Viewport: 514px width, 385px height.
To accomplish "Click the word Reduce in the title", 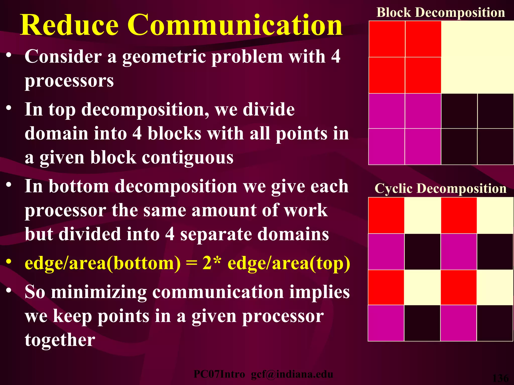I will pos(69,25).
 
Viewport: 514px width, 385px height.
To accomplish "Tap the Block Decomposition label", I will pos(441,13).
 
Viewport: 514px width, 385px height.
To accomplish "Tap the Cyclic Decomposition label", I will pos(440,188).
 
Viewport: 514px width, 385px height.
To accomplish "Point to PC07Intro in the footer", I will pos(219,374).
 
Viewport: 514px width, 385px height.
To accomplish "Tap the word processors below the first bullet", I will pos(69,81).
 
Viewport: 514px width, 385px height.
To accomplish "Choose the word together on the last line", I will pos(60,340).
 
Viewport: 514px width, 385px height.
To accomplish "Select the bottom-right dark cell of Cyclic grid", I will pos(494,323).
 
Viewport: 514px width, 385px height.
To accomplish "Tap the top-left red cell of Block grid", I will pos(387,39).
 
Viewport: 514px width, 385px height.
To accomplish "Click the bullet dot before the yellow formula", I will pos(9,261).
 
